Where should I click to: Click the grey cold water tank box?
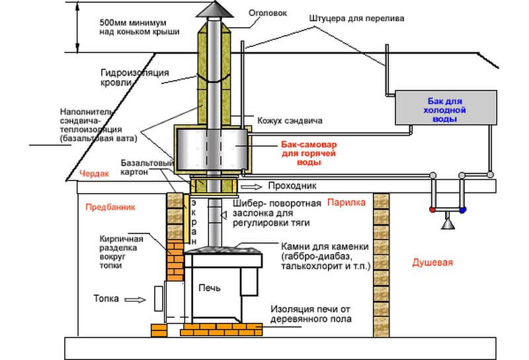[446, 107]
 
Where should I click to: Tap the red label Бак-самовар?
[309, 144]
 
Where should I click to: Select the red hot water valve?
[432, 210]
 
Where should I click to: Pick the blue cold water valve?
[462, 210]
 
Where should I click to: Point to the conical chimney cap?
[214, 9]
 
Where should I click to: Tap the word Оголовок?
[268, 13]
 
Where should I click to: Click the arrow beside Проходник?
[251, 187]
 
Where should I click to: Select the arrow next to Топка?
[135, 299]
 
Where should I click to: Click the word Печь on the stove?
[210, 288]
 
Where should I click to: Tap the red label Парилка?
[346, 202]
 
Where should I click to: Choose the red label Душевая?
[432, 263]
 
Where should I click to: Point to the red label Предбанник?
[110, 207]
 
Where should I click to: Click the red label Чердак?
[94, 173]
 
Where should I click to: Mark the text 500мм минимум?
[133, 23]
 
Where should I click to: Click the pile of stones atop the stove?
[224, 250]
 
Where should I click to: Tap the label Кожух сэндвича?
[290, 120]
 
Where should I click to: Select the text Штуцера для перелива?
[356, 19]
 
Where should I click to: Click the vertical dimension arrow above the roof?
[77, 27]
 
